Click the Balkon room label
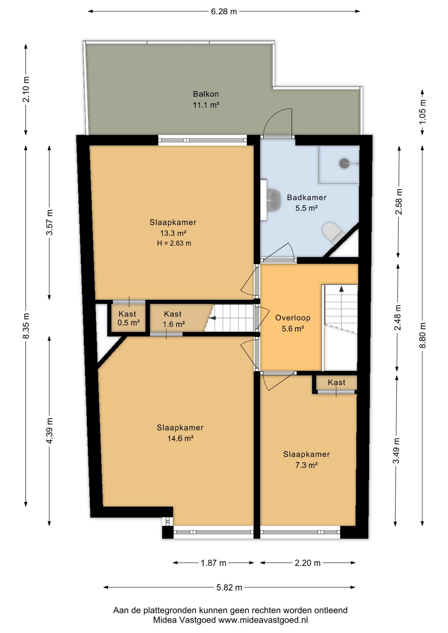[x=206, y=94]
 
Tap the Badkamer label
[x=306, y=197]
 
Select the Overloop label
[x=293, y=318]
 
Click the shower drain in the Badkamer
[x=344, y=163]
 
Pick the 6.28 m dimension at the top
[x=224, y=12]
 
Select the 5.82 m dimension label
[x=229, y=588]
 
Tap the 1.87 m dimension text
[x=213, y=563]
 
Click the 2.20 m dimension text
[x=307, y=563]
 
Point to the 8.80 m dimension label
[x=423, y=335]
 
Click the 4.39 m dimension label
[x=49, y=431]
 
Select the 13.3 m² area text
[x=173, y=233]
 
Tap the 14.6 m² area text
[x=180, y=438]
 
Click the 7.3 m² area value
[x=306, y=465]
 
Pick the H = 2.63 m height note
[x=174, y=243]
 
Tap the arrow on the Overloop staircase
[x=341, y=289]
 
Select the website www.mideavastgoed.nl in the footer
[x=263, y=620]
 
